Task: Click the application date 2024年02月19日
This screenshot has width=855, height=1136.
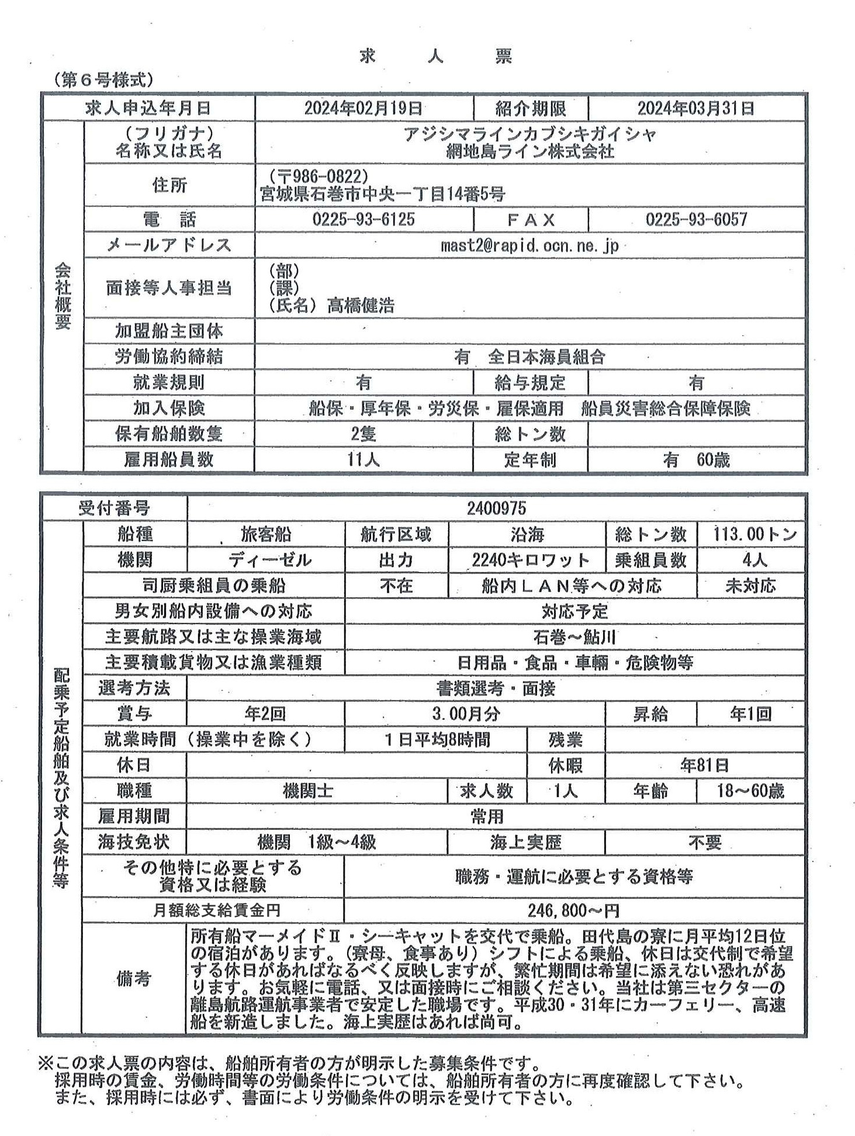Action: [x=363, y=108]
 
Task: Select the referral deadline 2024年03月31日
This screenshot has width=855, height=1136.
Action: [x=695, y=108]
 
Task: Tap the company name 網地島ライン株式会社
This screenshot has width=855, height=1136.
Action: [x=529, y=152]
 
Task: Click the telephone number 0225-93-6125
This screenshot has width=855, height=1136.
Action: [x=364, y=220]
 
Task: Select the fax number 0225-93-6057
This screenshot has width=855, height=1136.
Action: [x=696, y=220]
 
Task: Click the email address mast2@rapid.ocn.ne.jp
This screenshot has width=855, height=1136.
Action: [x=529, y=245]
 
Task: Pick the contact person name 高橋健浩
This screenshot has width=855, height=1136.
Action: [x=361, y=305]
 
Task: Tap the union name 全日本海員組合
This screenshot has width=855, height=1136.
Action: [x=546, y=357]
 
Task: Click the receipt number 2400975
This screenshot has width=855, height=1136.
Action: [x=496, y=508]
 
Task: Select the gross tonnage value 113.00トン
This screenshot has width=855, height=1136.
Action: [x=754, y=534]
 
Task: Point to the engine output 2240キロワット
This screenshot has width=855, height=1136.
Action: [x=531, y=560]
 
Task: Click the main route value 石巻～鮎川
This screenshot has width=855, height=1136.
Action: [x=574, y=637]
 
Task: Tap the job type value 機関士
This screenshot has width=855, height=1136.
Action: [x=308, y=791]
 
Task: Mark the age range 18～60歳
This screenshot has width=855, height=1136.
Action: [x=750, y=791]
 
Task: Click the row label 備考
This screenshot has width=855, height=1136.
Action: [x=134, y=979]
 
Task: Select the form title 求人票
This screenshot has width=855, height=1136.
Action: [x=436, y=57]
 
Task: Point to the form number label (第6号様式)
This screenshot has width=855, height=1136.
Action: [x=103, y=80]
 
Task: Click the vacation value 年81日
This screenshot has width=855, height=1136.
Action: [x=704, y=766]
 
